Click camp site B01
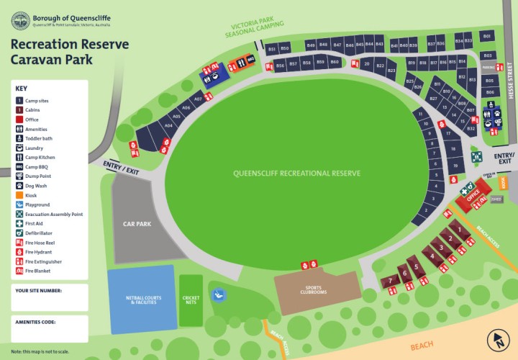coord(487,36)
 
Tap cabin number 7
coord(391,280)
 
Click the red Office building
coord(473,195)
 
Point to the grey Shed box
coord(496,200)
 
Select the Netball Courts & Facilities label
coord(140,300)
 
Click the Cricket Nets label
coord(191,300)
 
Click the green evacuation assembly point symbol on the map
coord(476,156)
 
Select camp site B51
coord(272,48)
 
